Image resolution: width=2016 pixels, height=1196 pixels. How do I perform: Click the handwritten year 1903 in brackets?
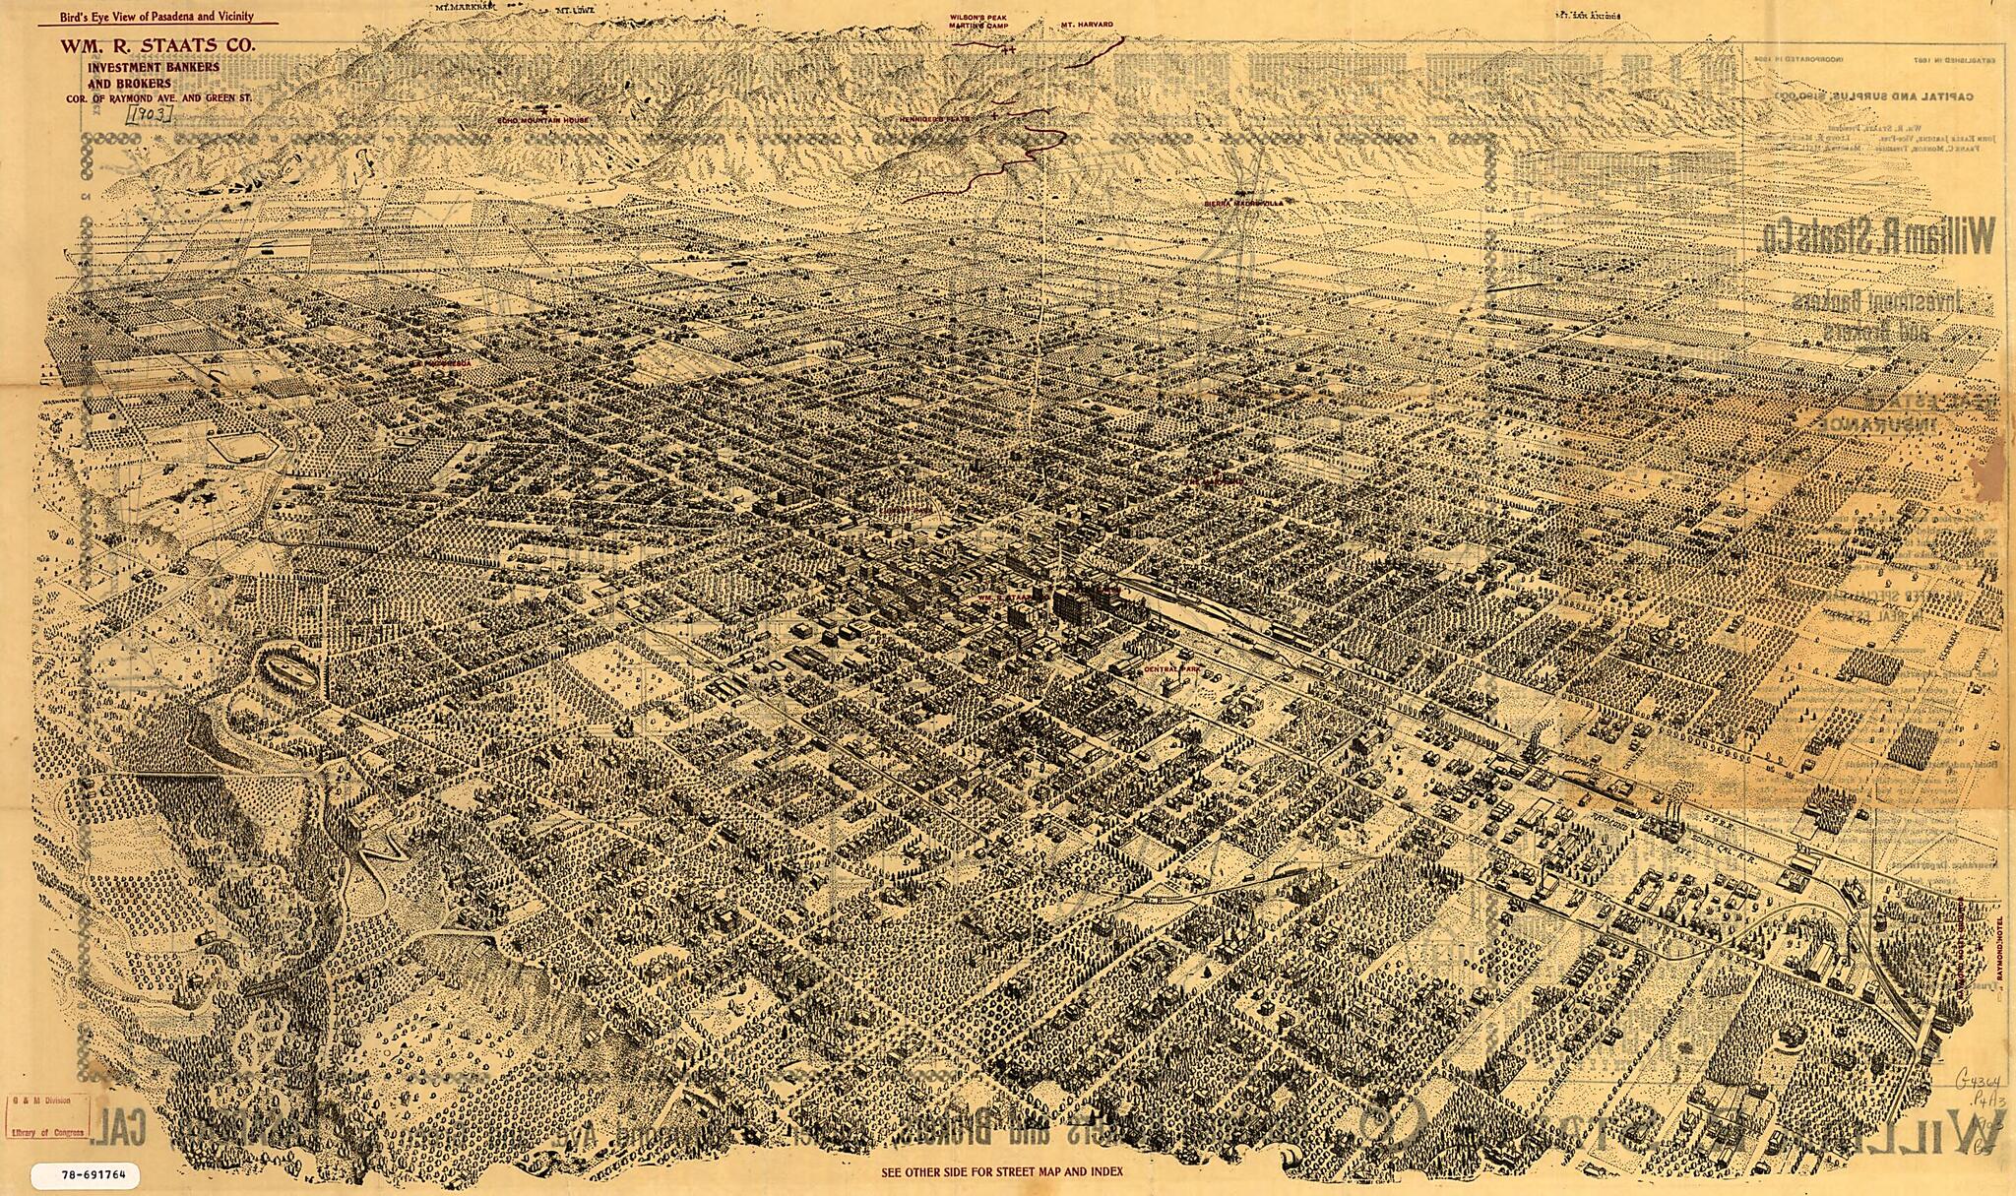(150, 114)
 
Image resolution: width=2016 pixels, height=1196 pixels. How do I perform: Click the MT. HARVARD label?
(1087, 24)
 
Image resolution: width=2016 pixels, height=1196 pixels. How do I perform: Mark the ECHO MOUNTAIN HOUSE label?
(543, 119)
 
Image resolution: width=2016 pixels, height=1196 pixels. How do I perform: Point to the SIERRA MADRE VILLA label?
(1244, 204)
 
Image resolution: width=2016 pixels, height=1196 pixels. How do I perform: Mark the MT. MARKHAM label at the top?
(468, 7)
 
